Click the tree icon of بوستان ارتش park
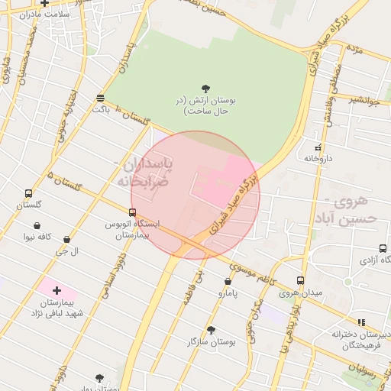point(205,89)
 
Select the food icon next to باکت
point(101,98)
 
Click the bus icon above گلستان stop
point(29,193)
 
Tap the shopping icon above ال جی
point(67,239)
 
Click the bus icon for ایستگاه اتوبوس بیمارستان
point(133,212)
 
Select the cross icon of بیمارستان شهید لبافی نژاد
point(57,290)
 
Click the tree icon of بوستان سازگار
point(212,330)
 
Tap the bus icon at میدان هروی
point(301,280)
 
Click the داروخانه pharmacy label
point(320,159)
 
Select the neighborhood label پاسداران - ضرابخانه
point(144,173)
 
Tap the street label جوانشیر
point(366,99)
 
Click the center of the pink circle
point(195,195)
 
